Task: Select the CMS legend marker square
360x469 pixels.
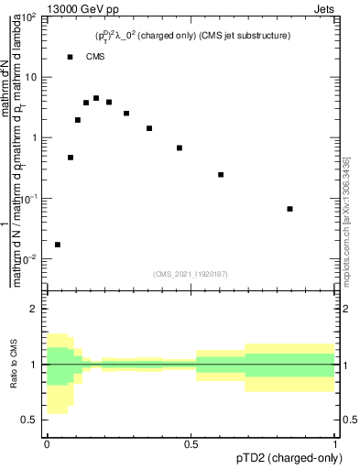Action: pos(71,57)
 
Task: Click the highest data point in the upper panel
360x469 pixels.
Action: pos(96,98)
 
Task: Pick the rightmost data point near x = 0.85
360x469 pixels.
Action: pos(289,209)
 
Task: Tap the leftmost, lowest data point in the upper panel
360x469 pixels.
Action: pos(58,245)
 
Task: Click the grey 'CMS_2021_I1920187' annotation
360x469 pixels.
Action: pos(191,273)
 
